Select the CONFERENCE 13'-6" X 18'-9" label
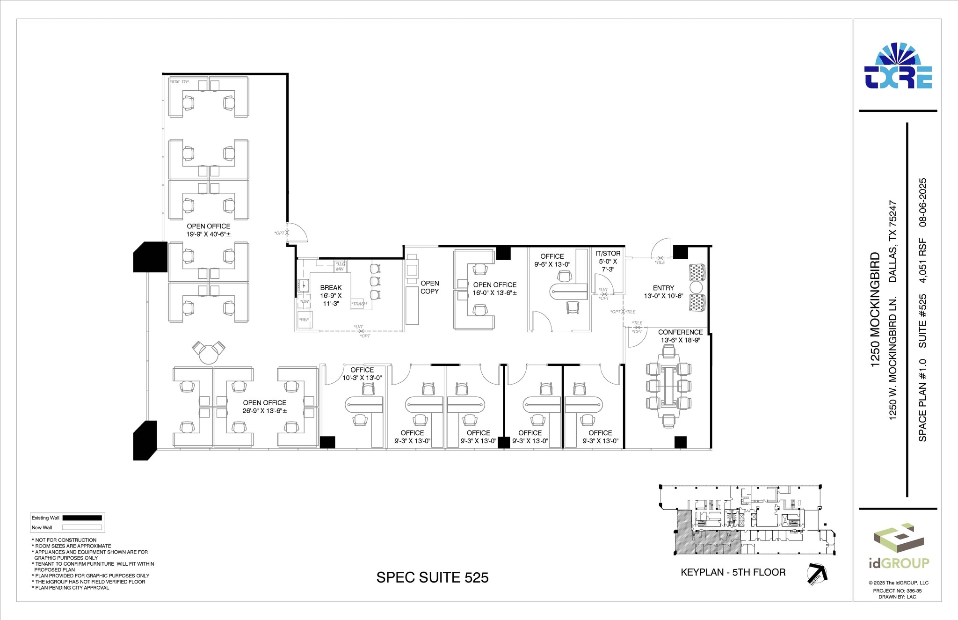pos(680,336)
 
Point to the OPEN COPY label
pos(429,287)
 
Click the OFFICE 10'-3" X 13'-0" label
pos(362,374)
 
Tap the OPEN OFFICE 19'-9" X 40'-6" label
pos(208,230)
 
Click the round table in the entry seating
pos(696,287)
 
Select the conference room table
pos(669,386)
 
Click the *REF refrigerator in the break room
pos(305,320)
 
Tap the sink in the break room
pos(303,284)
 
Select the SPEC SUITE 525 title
pos(432,577)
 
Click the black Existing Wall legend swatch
pos(82,518)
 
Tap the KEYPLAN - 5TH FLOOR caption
pos(733,572)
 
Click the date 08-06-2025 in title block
pos(922,202)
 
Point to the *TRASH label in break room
pos(359,304)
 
